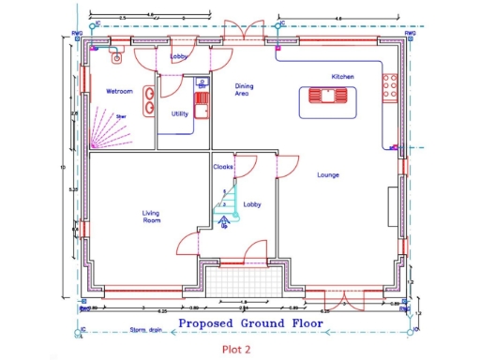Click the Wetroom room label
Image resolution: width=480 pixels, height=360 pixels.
(118, 92)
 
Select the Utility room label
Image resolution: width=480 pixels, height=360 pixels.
(179, 113)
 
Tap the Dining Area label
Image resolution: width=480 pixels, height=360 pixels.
(243, 90)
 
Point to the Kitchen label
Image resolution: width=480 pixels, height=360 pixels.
(342, 76)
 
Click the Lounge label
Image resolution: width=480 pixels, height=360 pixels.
(327, 174)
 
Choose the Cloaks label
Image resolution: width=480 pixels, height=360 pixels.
(222, 167)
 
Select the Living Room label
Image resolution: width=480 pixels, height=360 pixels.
(151, 217)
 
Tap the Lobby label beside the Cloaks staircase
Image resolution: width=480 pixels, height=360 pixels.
(251, 203)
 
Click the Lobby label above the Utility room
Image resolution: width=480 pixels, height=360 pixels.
(178, 56)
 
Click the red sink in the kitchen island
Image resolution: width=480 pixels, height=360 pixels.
(326, 96)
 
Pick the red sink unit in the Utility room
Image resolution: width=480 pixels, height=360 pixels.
(200, 99)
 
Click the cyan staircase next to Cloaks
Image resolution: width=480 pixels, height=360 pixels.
(226, 208)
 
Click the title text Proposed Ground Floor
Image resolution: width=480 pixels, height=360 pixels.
(249, 323)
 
